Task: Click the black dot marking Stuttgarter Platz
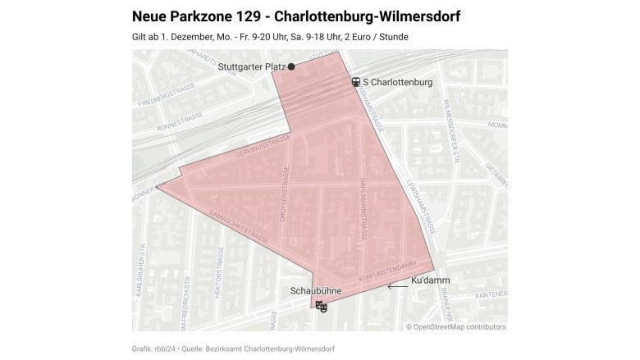point(291,67)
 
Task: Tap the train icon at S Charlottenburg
point(356,82)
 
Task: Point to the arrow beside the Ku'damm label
point(398,286)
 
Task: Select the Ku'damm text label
point(430,280)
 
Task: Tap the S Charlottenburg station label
point(397,82)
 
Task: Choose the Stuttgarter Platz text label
point(251,67)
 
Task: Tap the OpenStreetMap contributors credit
point(456,326)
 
